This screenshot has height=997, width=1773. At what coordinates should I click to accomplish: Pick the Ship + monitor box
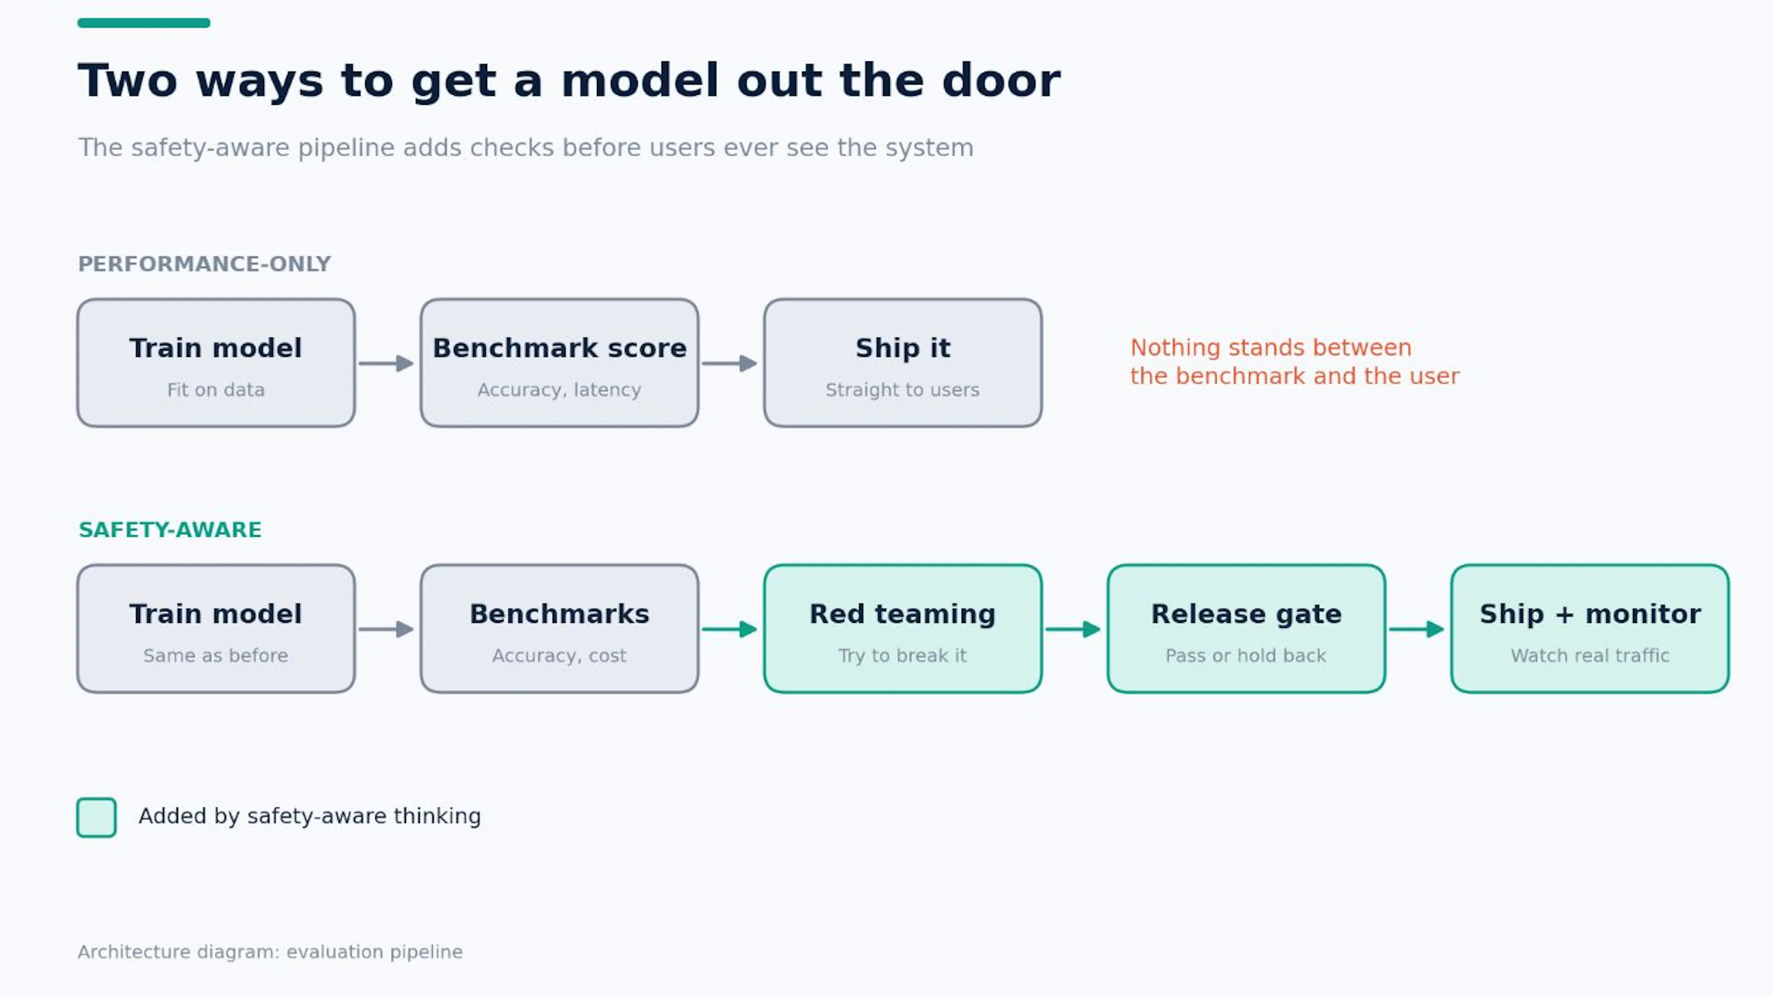(x=1590, y=628)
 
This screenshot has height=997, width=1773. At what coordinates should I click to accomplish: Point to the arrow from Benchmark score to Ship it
(x=730, y=363)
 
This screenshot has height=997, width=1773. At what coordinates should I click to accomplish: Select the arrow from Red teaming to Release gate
(x=1073, y=628)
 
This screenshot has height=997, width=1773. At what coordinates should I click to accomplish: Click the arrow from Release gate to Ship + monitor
(x=1417, y=628)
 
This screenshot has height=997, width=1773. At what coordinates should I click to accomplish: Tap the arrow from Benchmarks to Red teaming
(x=730, y=628)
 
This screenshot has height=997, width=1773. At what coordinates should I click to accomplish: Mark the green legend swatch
(x=96, y=817)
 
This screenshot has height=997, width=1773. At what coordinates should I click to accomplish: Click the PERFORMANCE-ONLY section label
(x=205, y=264)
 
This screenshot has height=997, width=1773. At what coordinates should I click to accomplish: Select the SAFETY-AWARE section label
(x=170, y=530)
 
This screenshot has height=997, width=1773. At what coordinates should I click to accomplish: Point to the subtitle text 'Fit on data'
(x=216, y=390)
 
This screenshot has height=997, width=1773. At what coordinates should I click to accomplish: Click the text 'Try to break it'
(x=902, y=655)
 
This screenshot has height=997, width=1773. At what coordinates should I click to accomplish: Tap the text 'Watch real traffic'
(x=1590, y=655)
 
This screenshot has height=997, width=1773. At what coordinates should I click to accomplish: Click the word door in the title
(x=1001, y=80)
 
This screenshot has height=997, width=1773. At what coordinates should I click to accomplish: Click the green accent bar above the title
(x=144, y=23)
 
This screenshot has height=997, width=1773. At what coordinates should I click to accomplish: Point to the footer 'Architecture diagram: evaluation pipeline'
(x=270, y=952)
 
